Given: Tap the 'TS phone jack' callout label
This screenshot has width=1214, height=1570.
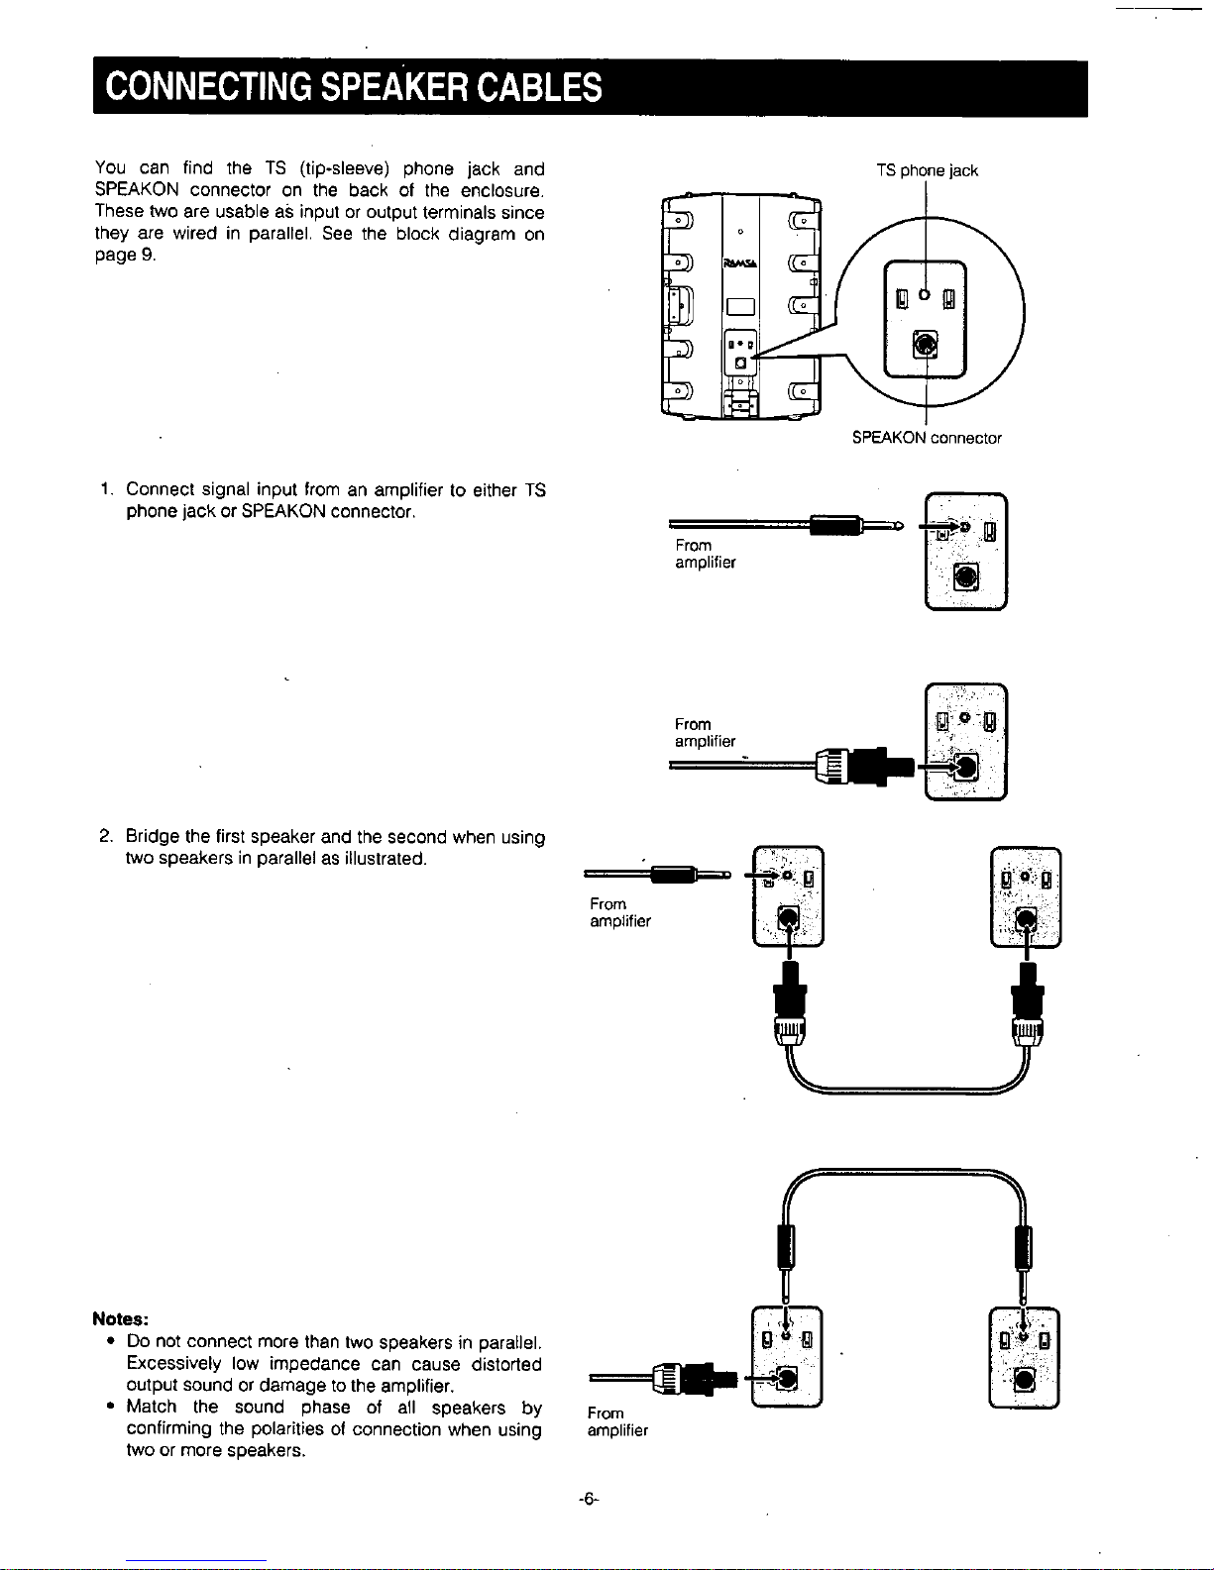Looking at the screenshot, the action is pyautogui.click(x=928, y=170).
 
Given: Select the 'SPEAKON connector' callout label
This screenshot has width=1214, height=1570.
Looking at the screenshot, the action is pyautogui.click(x=927, y=438).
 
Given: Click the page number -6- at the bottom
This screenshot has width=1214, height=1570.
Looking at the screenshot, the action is pyautogui.click(x=589, y=1500).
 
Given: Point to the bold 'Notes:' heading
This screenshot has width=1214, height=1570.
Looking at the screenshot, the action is pyautogui.click(x=121, y=1318).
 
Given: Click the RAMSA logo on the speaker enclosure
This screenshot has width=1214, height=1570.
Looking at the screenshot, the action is pyautogui.click(x=740, y=263).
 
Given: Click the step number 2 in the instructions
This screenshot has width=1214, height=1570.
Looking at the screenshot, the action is pyautogui.click(x=105, y=836).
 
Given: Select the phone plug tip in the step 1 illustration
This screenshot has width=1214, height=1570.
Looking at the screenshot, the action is pyautogui.click(x=898, y=525).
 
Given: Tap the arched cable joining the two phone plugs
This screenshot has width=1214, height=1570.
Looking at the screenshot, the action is pyautogui.click(x=904, y=1172).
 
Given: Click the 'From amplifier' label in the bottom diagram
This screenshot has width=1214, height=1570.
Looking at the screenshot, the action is pyautogui.click(x=617, y=1421).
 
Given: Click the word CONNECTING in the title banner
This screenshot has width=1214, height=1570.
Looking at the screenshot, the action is pyautogui.click(x=208, y=87).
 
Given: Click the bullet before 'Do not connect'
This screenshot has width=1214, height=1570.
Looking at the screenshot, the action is pyautogui.click(x=111, y=1342).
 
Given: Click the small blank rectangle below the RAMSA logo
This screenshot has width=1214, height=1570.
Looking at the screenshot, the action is pyautogui.click(x=740, y=307).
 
